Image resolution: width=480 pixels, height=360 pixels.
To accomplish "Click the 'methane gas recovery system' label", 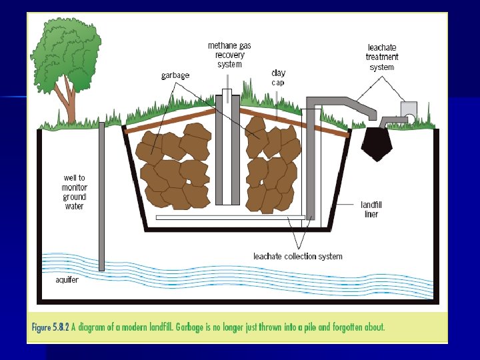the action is click(x=229, y=55).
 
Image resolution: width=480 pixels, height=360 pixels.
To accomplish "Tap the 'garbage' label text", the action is click(x=175, y=75).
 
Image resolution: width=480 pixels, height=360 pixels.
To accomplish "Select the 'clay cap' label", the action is click(x=279, y=77).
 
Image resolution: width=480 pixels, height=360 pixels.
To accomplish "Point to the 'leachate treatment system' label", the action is click(x=381, y=57).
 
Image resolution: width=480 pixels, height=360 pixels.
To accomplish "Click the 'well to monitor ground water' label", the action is click(x=74, y=192).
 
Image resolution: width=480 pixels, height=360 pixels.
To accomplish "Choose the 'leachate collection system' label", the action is click(x=298, y=256).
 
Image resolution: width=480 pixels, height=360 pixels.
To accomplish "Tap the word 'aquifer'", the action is click(x=67, y=279).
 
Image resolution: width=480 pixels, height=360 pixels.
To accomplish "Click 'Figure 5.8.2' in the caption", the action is click(x=55, y=327).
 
